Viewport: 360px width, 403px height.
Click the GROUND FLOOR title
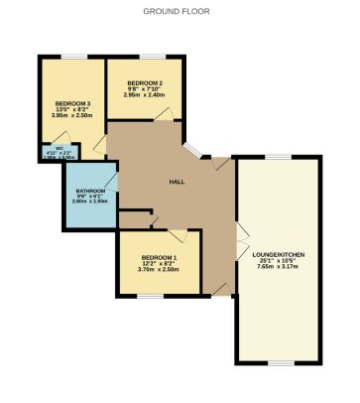177,12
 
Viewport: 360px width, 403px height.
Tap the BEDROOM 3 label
72,103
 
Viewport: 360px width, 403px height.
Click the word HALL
178,183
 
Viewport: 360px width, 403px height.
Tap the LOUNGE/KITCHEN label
280,255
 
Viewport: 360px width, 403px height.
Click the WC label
47,150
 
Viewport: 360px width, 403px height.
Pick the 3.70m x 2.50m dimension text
158,269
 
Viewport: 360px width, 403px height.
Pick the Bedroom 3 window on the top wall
71,56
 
